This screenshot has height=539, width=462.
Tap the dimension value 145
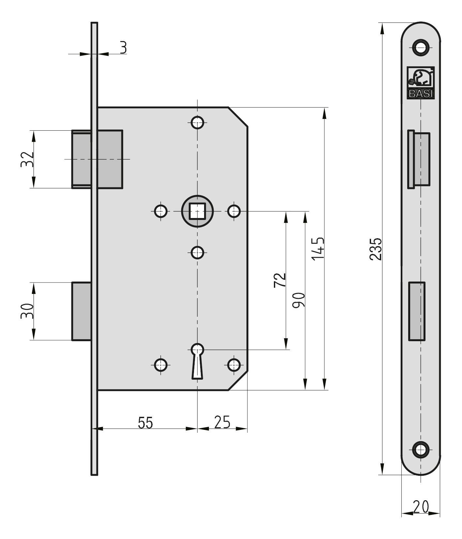(x=318, y=248)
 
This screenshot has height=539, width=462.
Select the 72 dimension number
(x=280, y=280)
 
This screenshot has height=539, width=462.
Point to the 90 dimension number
(x=299, y=300)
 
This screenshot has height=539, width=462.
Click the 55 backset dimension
(x=145, y=423)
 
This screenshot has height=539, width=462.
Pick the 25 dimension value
(x=222, y=422)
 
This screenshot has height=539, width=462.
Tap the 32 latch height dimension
(x=27, y=159)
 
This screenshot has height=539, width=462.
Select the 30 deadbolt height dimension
(x=27, y=311)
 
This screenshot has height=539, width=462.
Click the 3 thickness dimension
(x=123, y=48)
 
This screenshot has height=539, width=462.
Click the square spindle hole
(x=197, y=211)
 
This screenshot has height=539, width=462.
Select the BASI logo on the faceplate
(x=421, y=82)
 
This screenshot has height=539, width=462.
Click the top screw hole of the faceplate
(x=420, y=47)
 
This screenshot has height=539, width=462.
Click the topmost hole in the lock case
(x=197, y=123)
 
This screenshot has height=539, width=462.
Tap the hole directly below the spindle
(x=197, y=253)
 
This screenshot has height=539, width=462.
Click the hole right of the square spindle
(x=234, y=211)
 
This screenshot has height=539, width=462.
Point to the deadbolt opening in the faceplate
(x=417, y=311)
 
